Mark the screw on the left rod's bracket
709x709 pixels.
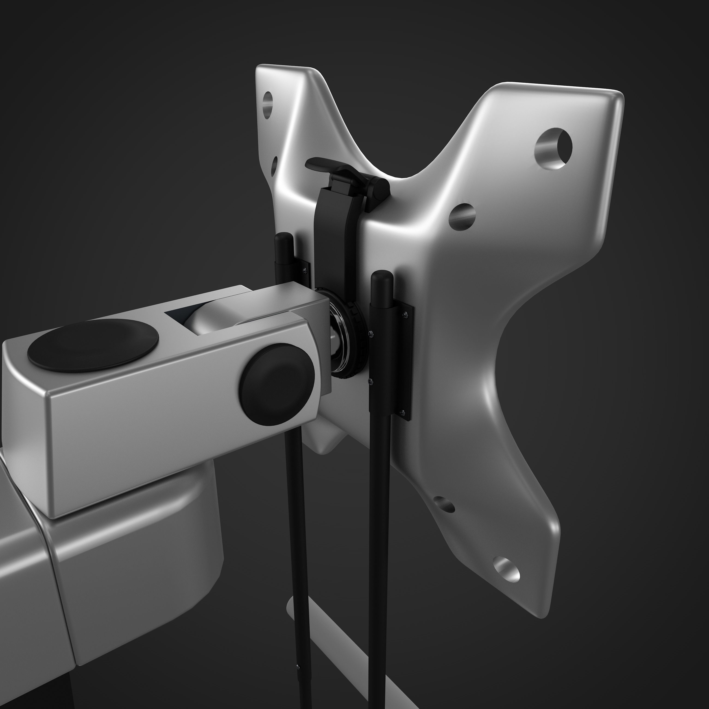305,270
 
